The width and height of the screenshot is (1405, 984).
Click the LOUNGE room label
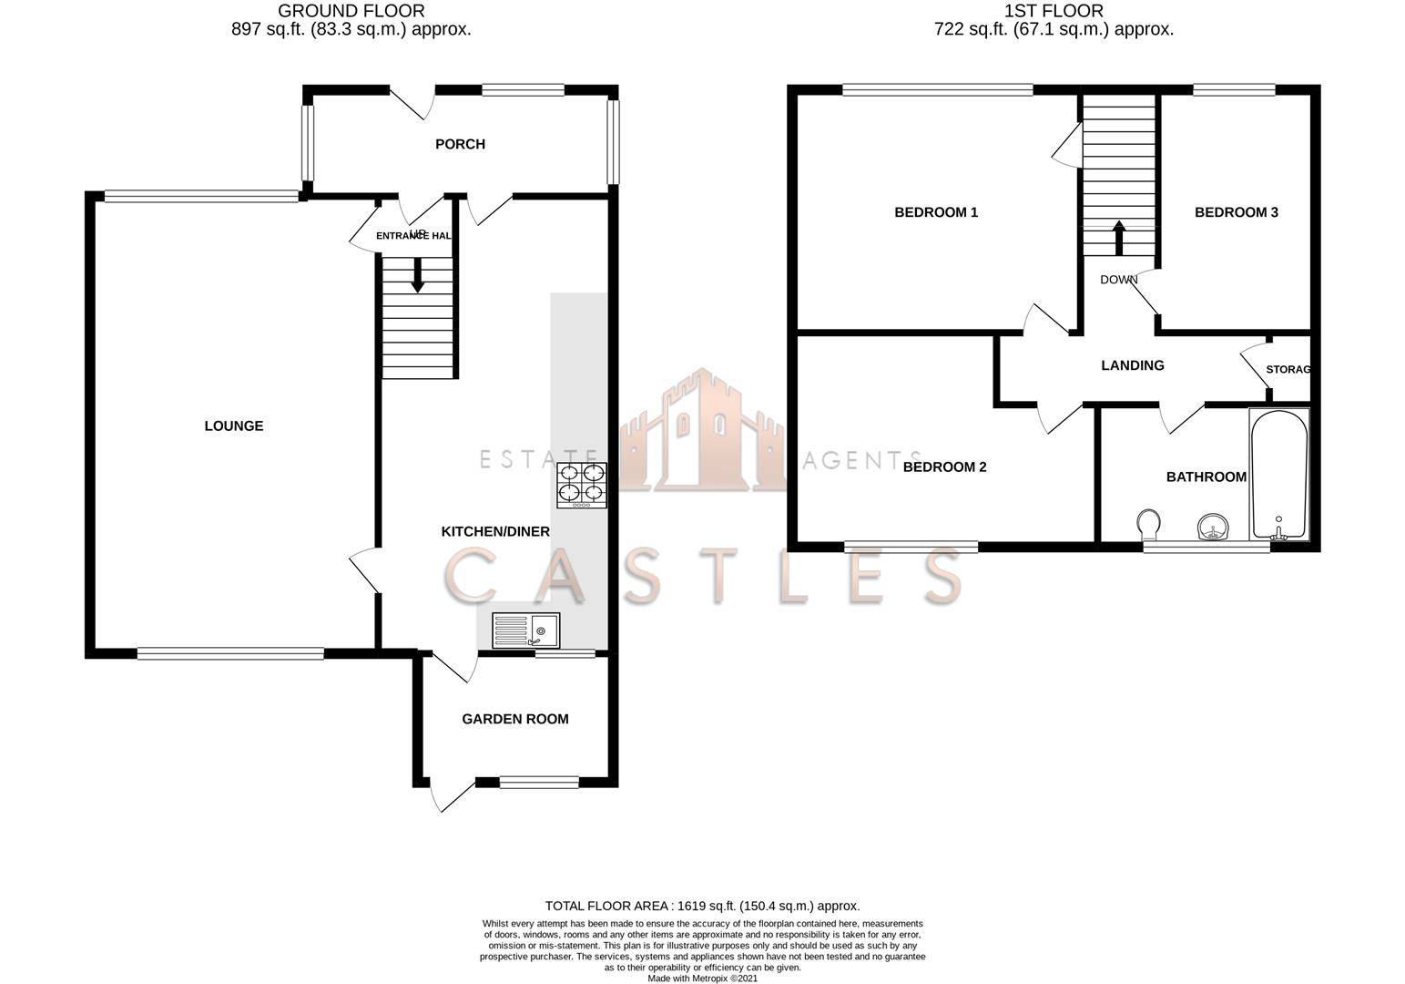tap(234, 425)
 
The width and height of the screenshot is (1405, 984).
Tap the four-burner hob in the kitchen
tap(582, 485)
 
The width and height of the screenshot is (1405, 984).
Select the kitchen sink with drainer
tap(525, 630)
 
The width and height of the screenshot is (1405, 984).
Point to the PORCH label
tap(460, 144)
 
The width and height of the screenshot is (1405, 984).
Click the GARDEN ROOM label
tap(515, 719)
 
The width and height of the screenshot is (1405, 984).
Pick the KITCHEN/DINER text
tap(495, 531)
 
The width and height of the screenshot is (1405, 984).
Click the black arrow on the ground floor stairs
tap(418, 277)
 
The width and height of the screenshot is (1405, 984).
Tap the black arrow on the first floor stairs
tap(1119, 238)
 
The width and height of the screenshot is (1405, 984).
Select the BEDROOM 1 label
tap(936, 212)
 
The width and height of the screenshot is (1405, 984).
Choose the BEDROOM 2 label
tap(945, 466)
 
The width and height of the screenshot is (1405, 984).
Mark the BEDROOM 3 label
tap(1236, 212)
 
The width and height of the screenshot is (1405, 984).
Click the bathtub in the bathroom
tap(1279, 475)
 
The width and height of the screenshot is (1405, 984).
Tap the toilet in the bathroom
tap(1149, 526)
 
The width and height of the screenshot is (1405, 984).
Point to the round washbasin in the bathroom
tap(1212, 528)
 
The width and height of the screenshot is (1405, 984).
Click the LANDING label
tap(1133, 365)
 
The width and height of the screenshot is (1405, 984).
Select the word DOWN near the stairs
tap(1119, 280)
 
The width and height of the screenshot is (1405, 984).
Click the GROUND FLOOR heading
tap(351, 12)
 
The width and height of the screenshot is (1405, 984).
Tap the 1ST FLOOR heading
tap(1054, 12)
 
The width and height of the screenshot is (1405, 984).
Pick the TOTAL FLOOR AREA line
tap(702, 906)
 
